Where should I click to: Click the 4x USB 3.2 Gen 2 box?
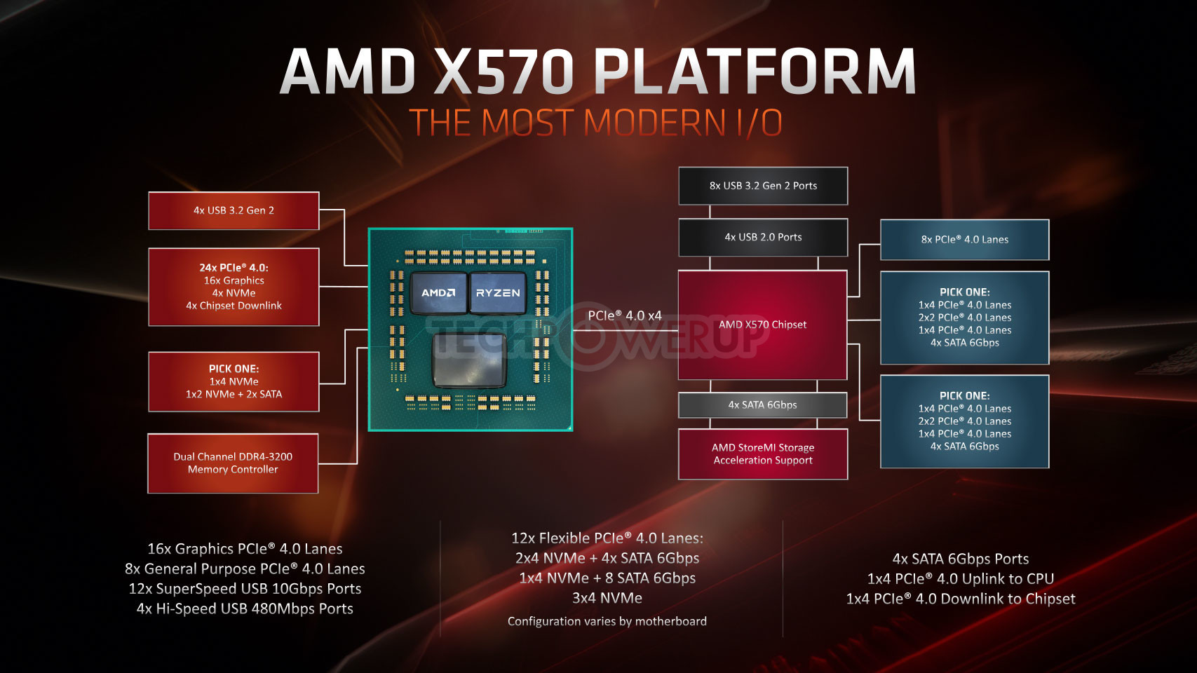(234, 210)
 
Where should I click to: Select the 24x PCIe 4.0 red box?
(234, 287)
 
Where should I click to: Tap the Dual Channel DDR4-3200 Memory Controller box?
(233, 463)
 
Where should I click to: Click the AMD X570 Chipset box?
(762, 325)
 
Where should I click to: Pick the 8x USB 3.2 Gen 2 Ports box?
(763, 186)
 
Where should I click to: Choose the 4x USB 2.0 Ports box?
(763, 237)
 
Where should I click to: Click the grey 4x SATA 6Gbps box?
(762, 405)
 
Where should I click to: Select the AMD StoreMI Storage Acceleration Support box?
(763, 454)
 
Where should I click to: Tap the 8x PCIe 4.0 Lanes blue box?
(965, 240)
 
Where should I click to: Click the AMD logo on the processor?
(438, 293)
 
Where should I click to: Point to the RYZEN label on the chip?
(497, 293)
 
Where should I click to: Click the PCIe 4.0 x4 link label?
(625, 315)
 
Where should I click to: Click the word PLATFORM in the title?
(755, 72)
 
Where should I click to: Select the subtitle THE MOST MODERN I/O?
(596, 122)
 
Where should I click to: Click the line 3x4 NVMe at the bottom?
(607, 598)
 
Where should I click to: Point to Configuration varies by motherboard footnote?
(607, 621)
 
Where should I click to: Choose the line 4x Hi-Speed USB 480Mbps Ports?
(245, 609)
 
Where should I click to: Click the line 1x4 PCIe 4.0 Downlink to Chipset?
(960, 599)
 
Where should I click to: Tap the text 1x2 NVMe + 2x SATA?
(234, 394)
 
